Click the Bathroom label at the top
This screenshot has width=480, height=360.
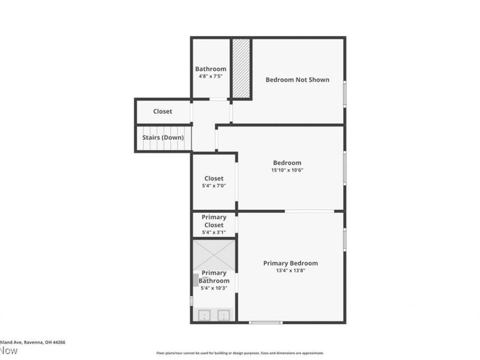coord(211,69)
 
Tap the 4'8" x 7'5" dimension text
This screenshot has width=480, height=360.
coord(211,77)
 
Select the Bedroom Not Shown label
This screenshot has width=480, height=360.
coord(297,79)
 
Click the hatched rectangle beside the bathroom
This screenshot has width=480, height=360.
coord(241,68)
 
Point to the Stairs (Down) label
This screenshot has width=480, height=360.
coord(163,137)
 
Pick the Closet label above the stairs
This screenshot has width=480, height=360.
coord(163,112)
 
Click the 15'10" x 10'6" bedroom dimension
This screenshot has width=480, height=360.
coord(287,170)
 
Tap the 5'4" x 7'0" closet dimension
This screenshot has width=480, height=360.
coord(214,186)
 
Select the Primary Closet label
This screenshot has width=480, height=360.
coord(214,221)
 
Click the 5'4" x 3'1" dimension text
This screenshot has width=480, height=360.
coord(214,232)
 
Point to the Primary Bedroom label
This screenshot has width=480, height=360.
coord(290,263)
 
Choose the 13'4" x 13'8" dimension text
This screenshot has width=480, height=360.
coord(290,271)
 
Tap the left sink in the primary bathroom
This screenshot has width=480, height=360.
coord(204,314)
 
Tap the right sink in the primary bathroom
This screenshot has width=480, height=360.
coord(224,314)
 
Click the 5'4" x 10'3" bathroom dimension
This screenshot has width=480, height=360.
coord(214,288)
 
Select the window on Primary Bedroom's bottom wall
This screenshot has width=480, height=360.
coord(265,323)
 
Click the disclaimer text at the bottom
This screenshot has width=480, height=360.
coord(240,353)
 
